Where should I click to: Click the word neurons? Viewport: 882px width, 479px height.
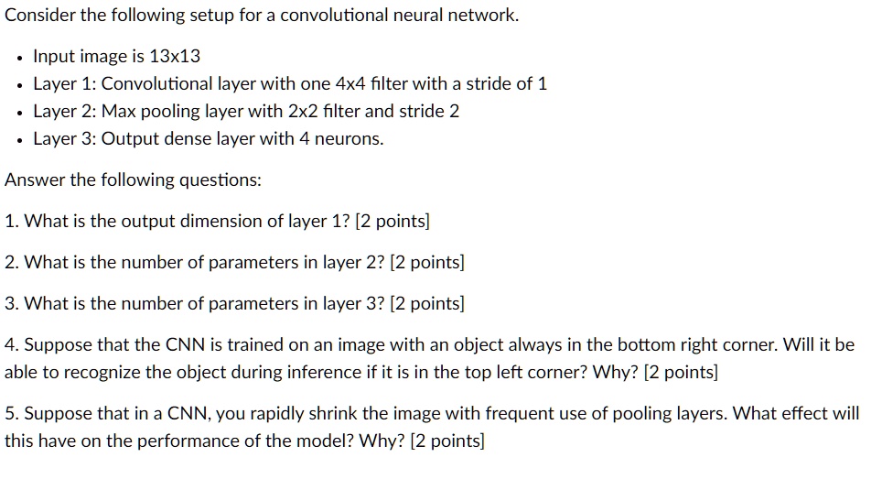(353, 139)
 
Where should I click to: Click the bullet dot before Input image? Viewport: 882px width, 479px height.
(18, 57)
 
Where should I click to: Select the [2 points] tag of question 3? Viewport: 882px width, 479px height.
(427, 304)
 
